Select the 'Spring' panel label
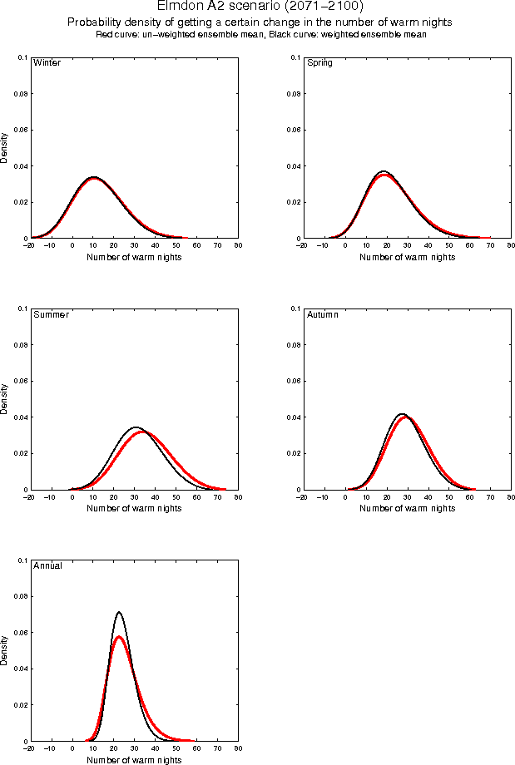pyautogui.click(x=319, y=63)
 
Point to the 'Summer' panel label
pyautogui.click(x=51, y=314)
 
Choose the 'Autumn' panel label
pyautogui.click(x=323, y=314)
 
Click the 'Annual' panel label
pyautogui.click(x=47, y=565)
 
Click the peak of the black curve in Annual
pyautogui.click(x=119, y=613)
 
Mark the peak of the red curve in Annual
pyautogui.click(x=119, y=637)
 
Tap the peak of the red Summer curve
pyautogui.click(x=142, y=432)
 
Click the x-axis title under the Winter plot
pyautogui.click(x=135, y=257)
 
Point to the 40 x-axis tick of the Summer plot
pyautogui.click(x=155, y=497)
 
